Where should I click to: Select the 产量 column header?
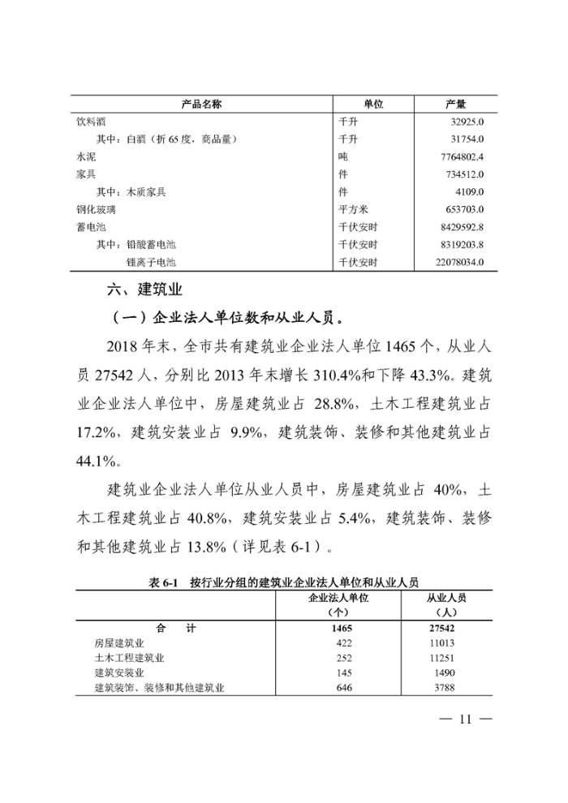[x=456, y=105]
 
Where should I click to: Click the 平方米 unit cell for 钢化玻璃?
[x=354, y=209]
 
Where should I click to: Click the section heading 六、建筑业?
[x=145, y=290]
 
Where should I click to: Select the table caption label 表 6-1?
[x=164, y=582]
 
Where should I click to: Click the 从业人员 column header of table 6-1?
[x=447, y=598]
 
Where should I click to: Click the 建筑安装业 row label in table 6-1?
[x=120, y=672]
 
